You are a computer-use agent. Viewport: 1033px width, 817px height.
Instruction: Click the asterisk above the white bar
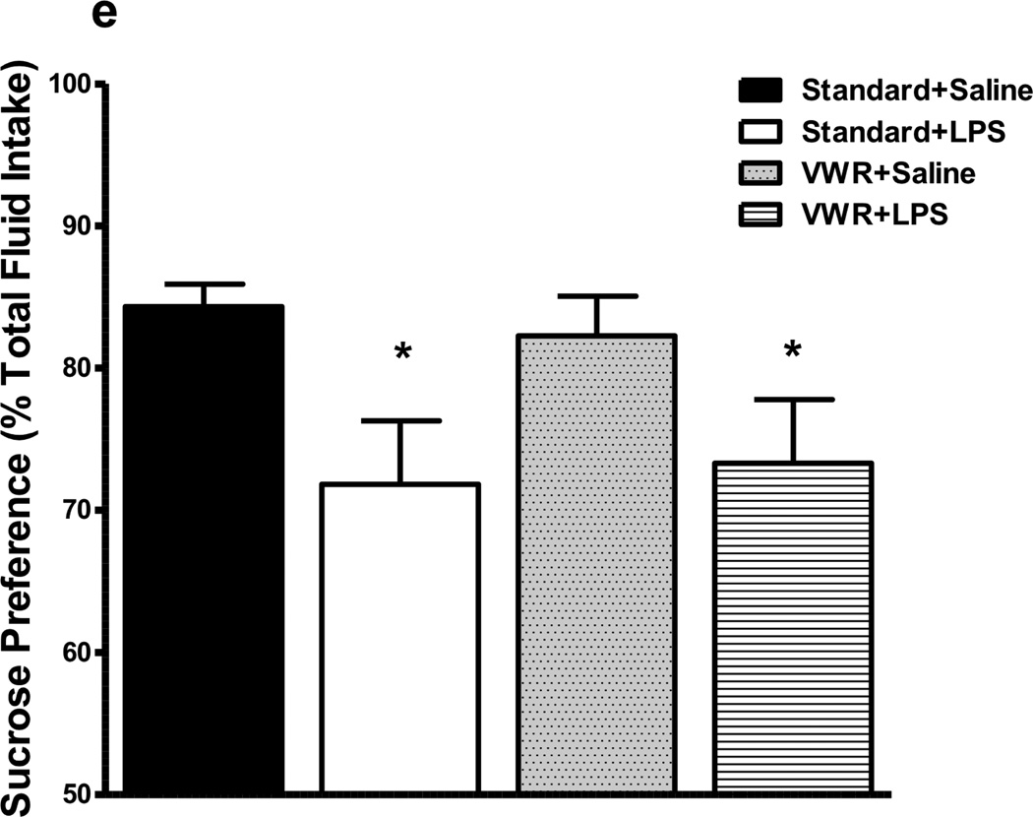[402, 352]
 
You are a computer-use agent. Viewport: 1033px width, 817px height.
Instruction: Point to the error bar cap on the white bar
[400, 420]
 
